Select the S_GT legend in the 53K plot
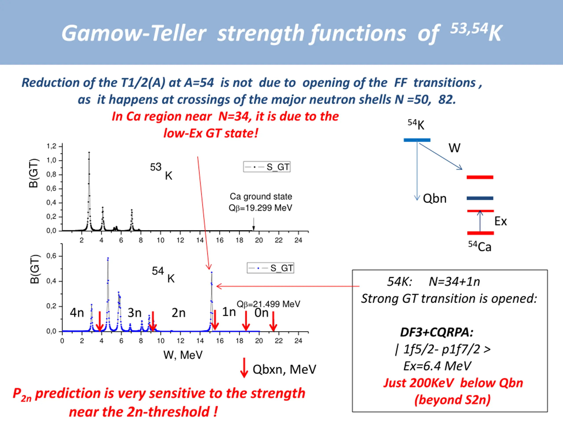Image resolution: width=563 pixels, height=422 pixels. pyautogui.click(x=267, y=167)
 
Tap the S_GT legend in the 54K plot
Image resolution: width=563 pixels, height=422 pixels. pyautogui.click(x=270, y=268)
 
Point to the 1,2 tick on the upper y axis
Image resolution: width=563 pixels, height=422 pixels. pyautogui.click(x=51, y=146)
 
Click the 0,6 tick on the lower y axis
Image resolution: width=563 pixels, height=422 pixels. pyautogui.click(x=51, y=256)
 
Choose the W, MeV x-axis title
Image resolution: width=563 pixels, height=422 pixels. pyautogui.click(x=183, y=355)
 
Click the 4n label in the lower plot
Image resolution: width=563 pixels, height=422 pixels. pyautogui.click(x=77, y=313)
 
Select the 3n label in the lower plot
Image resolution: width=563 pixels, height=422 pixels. pyautogui.click(x=134, y=313)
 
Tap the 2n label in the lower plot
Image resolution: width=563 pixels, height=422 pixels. pyautogui.click(x=178, y=313)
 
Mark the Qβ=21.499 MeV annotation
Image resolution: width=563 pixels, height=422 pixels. pyautogui.click(x=268, y=304)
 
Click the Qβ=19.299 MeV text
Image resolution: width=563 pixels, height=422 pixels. pyautogui.click(x=260, y=208)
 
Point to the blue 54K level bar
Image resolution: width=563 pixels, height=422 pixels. pyautogui.click(x=417, y=140)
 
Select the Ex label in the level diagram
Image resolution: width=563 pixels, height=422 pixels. pyautogui.click(x=500, y=221)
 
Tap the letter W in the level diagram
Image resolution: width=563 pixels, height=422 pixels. pyautogui.click(x=454, y=148)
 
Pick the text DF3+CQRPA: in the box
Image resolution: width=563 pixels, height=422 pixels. pyautogui.click(x=437, y=332)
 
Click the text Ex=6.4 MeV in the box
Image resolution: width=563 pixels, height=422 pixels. pyautogui.click(x=437, y=366)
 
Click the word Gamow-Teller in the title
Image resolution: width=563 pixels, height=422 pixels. pyautogui.click(x=134, y=33)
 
